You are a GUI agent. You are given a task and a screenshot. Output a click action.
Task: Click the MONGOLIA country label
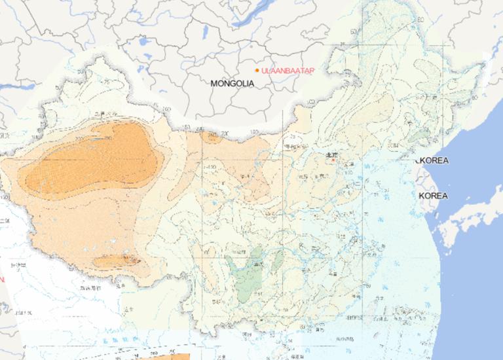pyautogui.click(x=232, y=84)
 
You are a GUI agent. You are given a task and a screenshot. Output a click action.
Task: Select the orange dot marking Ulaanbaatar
pyautogui.click(x=256, y=69)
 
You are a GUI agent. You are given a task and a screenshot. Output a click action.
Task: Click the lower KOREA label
pyautogui.click(x=433, y=196)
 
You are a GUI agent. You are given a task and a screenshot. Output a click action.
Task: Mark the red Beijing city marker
pyautogui.click(x=333, y=160)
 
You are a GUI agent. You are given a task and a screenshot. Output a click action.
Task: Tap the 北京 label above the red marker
pyautogui.click(x=331, y=154)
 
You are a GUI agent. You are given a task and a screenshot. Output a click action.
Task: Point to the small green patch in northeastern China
pyautogui.click(x=415, y=137)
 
